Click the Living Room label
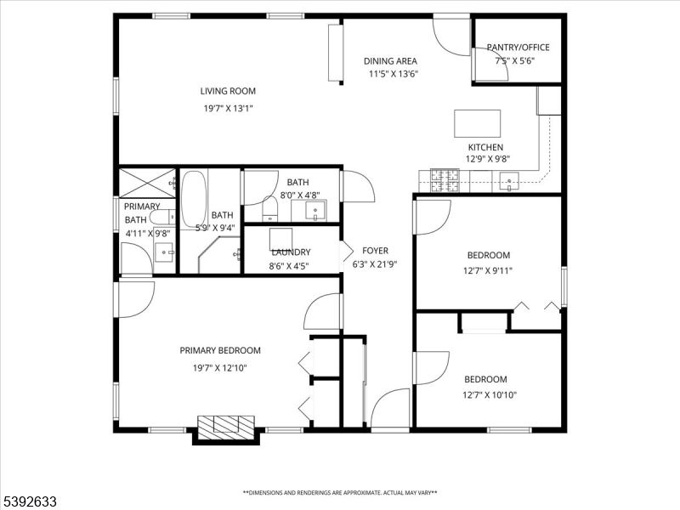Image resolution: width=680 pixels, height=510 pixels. (x=228, y=91)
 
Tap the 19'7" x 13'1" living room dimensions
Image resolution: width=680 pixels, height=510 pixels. (x=228, y=108)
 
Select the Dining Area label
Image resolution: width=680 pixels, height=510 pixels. (x=390, y=60)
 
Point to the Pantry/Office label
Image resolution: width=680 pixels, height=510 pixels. (x=518, y=47)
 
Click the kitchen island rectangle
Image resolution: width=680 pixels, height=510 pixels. (x=477, y=123)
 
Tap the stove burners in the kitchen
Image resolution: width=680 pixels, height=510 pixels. (x=446, y=179)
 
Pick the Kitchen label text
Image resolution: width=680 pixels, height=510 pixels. (x=484, y=147)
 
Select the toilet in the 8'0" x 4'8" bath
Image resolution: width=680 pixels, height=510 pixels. (x=269, y=207)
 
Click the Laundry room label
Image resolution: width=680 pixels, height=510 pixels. (x=291, y=252)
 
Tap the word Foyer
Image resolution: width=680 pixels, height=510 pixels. (x=375, y=251)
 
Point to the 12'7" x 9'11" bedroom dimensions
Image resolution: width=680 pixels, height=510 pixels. (x=488, y=271)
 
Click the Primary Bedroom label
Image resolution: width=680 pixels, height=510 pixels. (x=219, y=350)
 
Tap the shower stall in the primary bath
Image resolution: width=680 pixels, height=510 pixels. (x=146, y=183)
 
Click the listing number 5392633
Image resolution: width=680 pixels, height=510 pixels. (x=29, y=502)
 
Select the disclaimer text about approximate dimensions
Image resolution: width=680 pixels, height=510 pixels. (x=340, y=492)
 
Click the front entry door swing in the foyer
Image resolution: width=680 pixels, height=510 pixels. (x=390, y=408)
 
